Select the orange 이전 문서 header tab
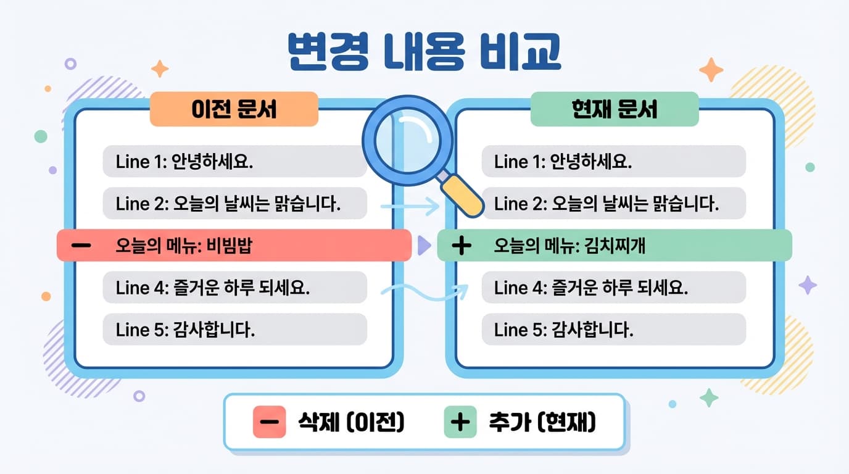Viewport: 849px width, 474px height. click(x=234, y=109)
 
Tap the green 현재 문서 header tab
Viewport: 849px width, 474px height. click(x=615, y=109)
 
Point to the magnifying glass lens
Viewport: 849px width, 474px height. click(x=402, y=139)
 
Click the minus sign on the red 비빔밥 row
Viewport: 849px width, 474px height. click(x=81, y=246)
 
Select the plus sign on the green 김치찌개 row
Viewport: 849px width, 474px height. click(x=462, y=246)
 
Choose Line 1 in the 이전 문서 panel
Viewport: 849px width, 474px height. click(x=234, y=162)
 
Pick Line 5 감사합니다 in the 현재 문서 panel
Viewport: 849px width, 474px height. click(x=613, y=330)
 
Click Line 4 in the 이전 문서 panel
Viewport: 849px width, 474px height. click(x=234, y=288)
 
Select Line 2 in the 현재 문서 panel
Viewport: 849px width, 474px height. click(x=613, y=204)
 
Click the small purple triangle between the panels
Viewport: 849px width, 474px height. click(x=424, y=245)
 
